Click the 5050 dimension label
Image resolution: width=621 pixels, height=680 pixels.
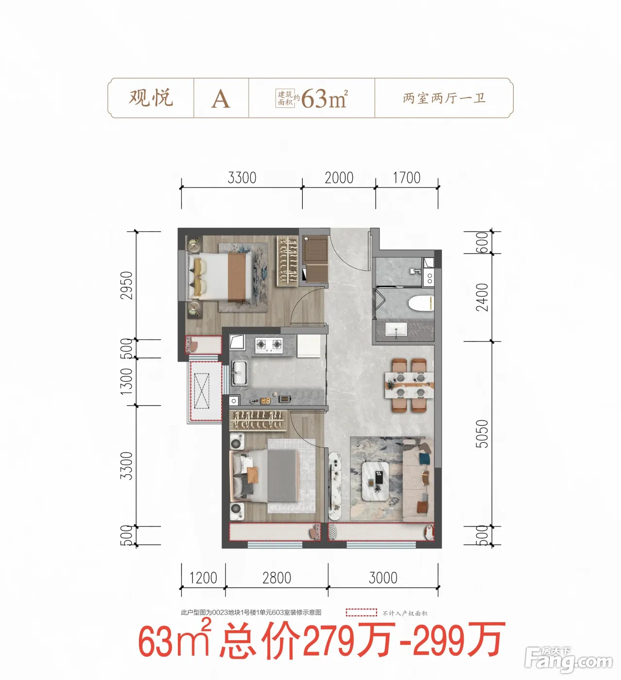coord(481,434)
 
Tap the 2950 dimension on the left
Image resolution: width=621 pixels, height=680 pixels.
coord(126,285)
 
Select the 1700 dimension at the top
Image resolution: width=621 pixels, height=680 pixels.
coord(406,178)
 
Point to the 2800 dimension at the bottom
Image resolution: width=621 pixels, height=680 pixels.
coord(276,578)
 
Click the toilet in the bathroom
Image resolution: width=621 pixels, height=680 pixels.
coord(420,304)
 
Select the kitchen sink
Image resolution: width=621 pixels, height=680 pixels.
coord(239,373)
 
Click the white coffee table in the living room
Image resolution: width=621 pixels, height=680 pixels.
coord(376,480)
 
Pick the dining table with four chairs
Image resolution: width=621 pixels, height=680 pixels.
coord(409,384)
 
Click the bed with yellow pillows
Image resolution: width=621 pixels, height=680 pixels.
coord(221,276)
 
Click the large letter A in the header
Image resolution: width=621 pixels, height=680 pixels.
coord(221,99)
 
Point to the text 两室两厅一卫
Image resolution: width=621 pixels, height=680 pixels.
coord(444,98)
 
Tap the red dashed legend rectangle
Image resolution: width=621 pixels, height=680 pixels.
coord(361,612)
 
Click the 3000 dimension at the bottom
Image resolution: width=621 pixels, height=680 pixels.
coord(383,578)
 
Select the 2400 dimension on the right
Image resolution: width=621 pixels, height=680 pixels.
coord(481,297)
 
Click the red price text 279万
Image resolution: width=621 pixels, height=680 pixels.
coord(347,640)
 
